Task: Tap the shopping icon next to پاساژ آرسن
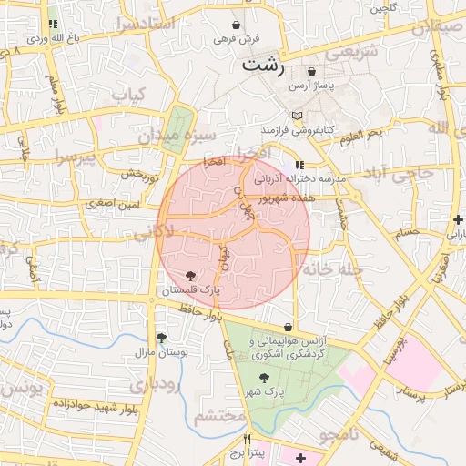pyautogui.click(x=312, y=71)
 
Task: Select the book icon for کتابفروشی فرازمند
pyautogui.click(x=296, y=116)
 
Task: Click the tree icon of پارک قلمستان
pyautogui.click(x=189, y=276)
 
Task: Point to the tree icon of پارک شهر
pyautogui.click(x=264, y=378)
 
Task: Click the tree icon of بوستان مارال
pyautogui.click(x=160, y=338)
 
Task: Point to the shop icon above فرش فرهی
pyautogui.click(x=237, y=25)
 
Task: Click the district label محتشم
pyautogui.click(x=219, y=417)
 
